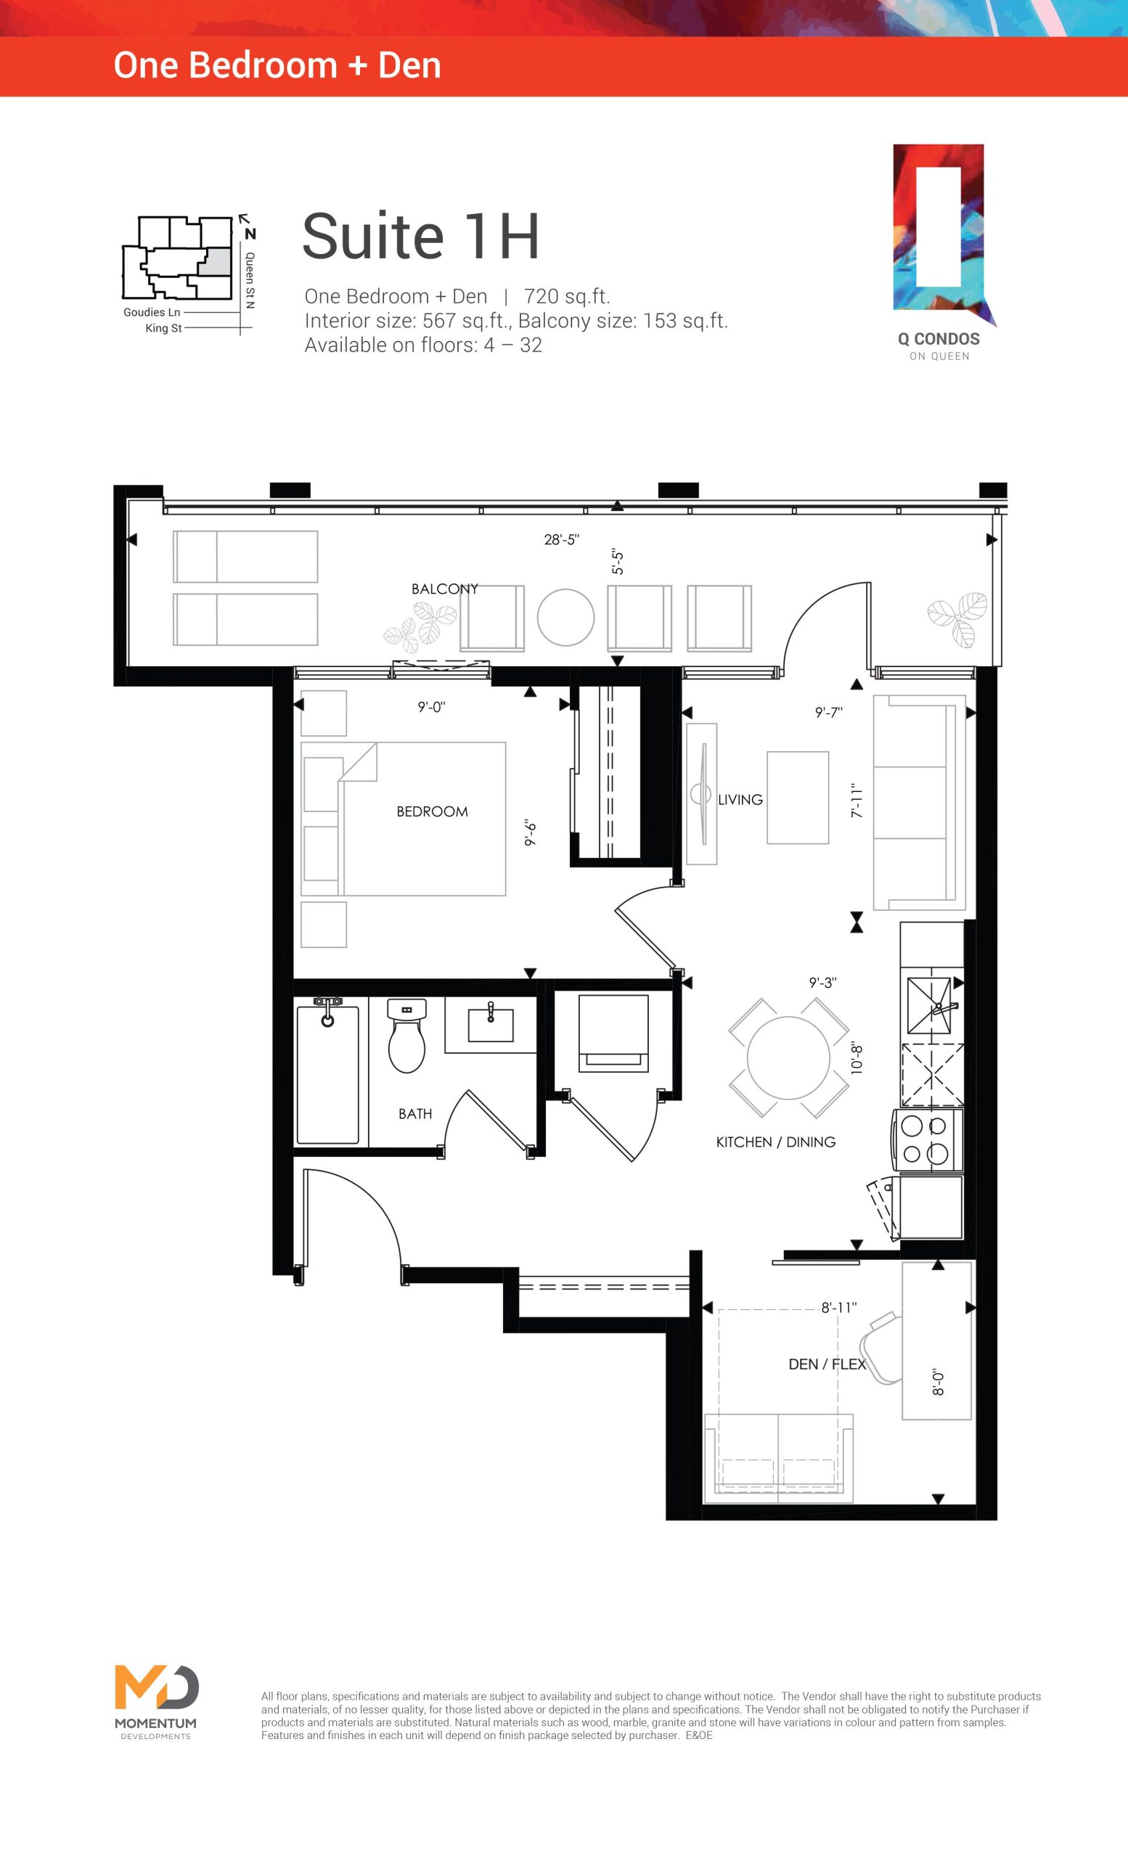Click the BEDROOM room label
pos(432,811)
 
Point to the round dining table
pos(789,1058)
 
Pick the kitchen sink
pos(931,1004)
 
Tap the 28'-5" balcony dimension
pos(562,539)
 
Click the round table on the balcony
pos(565,617)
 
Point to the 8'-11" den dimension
pos(839,1308)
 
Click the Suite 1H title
pos(421,236)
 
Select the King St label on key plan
pos(163,328)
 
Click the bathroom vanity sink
pos(490,1024)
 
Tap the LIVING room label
pos(740,799)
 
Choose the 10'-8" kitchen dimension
pos(856,1058)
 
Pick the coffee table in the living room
pos(798,797)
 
